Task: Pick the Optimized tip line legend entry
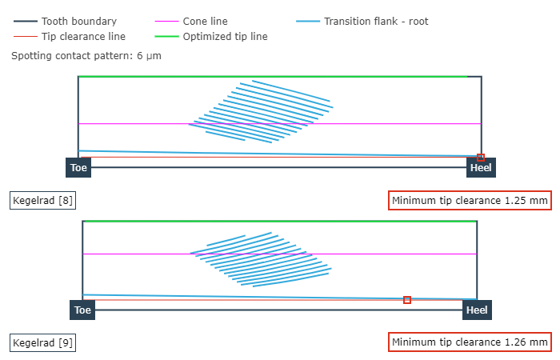(225, 36)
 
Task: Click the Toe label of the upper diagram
(78, 167)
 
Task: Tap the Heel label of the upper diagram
(481, 167)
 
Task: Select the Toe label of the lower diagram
(82, 310)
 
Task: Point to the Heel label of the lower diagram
(477, 310)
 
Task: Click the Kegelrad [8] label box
(43, 200)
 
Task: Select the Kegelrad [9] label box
(43, 342)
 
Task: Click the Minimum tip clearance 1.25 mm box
(470, 200)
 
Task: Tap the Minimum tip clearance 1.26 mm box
(470, 342)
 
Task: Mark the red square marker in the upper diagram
(481, 158)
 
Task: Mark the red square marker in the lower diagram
(407, 300)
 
